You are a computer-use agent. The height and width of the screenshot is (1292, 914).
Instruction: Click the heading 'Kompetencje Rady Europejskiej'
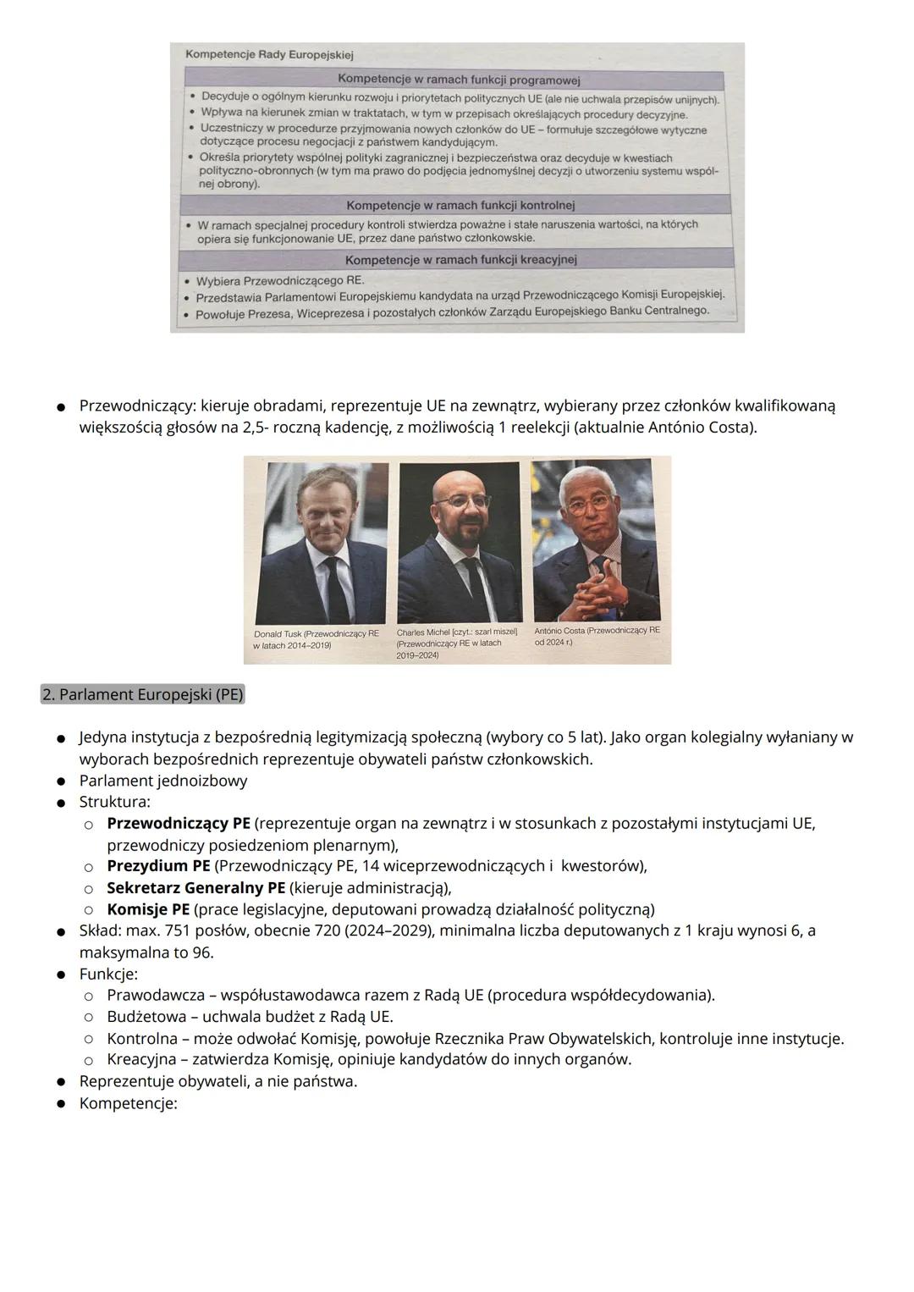(269, 55)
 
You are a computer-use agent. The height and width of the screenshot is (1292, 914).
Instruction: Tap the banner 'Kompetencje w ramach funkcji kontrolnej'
(460, 205)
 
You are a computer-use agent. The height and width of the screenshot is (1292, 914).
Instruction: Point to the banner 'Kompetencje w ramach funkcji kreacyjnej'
(460, 259)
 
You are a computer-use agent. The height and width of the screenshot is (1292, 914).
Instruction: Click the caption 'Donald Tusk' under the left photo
(316, 639)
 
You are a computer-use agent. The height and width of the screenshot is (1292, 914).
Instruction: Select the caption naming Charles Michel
(457, 643)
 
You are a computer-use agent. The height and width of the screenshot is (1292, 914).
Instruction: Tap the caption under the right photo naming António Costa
(597, 636)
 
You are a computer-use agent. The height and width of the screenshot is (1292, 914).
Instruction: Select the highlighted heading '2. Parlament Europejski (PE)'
(143, 695)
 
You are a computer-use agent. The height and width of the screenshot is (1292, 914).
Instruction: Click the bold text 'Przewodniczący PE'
(179, 824)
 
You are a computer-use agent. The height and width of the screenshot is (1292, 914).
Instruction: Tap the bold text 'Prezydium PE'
(158, 866)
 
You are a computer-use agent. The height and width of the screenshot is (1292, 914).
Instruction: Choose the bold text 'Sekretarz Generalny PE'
(195, 888)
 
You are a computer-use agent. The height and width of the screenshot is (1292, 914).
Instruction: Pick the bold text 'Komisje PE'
(148, 909)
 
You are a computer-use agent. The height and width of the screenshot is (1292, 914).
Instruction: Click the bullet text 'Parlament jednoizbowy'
(163, 781)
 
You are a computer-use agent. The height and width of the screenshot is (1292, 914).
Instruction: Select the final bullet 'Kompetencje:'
(128, 1103)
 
